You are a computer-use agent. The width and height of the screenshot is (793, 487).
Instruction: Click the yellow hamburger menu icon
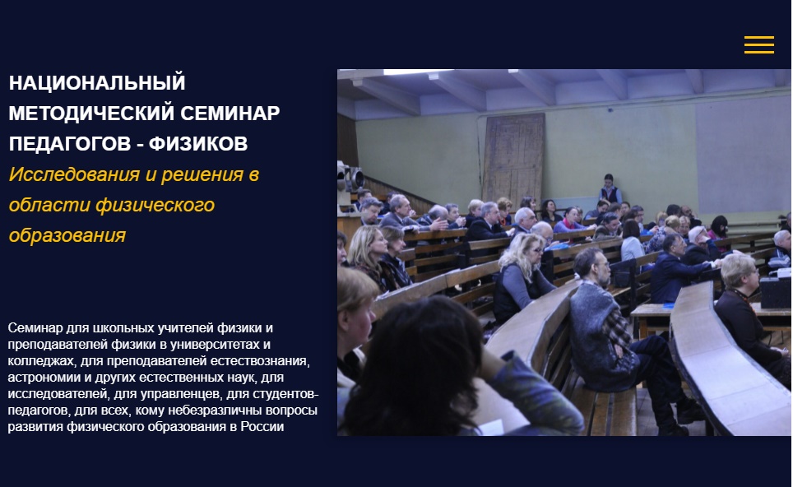click(758, 44)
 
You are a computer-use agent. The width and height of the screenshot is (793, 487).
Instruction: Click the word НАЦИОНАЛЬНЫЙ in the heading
click(97, 82)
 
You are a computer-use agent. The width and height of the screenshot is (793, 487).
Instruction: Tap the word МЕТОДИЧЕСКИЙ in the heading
click(91, 113)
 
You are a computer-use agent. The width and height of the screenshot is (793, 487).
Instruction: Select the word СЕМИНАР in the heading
click(230, 113)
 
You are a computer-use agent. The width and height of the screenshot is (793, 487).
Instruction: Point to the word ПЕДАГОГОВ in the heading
click(70, 144)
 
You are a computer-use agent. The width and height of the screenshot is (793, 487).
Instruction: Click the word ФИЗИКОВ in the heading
click(198, 144)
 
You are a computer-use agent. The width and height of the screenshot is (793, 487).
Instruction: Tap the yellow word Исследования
click(74, 174)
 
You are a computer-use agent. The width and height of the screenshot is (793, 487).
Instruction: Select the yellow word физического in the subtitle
click(155, 205)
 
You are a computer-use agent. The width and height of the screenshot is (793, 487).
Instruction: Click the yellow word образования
click(67, 235)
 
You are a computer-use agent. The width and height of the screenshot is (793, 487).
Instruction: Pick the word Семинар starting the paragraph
click(35, 327)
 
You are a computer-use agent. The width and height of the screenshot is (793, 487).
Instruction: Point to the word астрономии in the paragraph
click(39, 378)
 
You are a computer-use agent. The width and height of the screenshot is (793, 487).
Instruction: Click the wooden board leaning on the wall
click(512, 157)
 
